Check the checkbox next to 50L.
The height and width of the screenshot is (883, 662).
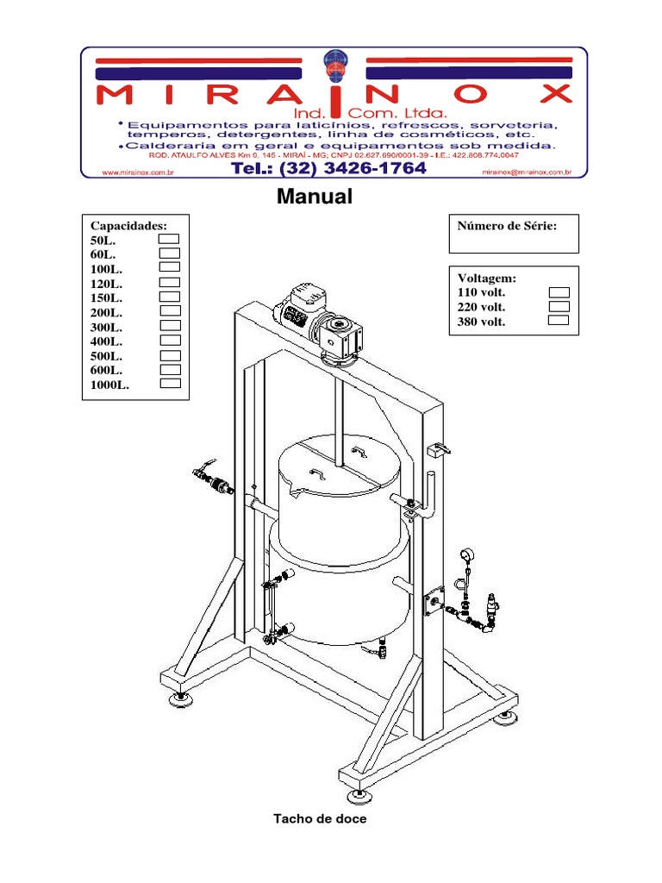pyautogui.click(x=169, y=239)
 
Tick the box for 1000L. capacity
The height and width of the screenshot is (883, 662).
pyautogui.click(x=171, y=383)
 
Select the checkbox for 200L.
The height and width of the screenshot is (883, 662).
pyautogui.click(x=170, y=310)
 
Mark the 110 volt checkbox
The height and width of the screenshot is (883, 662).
pyautogui.click(x=559, y=292)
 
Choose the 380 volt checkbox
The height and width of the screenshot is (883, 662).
pyautogui.click(x=559, y=321)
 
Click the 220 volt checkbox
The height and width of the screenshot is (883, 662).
pyautogui.click(x=559, y=306)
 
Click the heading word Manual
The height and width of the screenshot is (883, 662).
pyautogui.click(x=315, y=197)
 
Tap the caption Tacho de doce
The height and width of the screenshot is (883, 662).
pyautogui.click(x=320, y=819)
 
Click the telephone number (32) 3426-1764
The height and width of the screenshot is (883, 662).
pyautogui.click(x=353, y=168)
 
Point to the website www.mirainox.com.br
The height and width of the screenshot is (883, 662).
pyautogui.click(x=138, y=172)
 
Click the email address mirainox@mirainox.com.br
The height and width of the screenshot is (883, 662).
pyautogui.click(x=527, y=172)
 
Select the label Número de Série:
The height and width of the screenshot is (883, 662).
pyautogui.click(x=507, y=227)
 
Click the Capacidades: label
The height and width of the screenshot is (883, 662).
pyautogui.click(x=128, y=226)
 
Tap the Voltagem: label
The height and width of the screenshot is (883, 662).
pyautogui.click(x=487, y=279)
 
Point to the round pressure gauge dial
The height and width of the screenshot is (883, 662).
pyautogui.click(x=467, y=554)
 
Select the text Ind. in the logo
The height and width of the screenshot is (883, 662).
pyautogui.click(x=309, y=113)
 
